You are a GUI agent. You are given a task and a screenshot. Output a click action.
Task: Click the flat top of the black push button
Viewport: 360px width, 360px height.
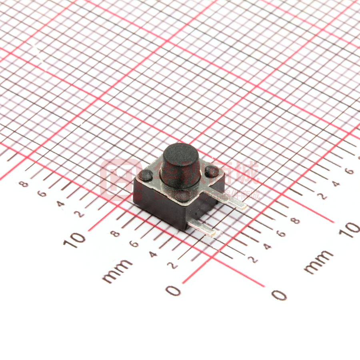180,152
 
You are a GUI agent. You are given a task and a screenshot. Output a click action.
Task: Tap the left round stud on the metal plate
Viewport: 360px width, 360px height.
146,175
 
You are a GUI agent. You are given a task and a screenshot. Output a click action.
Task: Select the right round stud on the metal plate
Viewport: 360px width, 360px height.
212,172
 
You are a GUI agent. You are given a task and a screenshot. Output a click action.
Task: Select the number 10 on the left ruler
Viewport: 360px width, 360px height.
74,239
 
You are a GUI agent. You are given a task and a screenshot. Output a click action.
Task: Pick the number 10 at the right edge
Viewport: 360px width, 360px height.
349,230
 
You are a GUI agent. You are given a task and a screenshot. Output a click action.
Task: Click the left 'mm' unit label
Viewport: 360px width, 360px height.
117,271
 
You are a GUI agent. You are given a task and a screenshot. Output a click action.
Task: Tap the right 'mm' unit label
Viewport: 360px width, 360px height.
319,262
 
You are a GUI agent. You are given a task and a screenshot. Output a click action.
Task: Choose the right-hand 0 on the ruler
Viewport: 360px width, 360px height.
279,295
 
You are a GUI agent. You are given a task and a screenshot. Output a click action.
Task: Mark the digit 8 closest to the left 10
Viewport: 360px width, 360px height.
115,233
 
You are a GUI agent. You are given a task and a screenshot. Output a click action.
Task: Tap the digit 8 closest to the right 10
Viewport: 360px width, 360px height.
296,221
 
